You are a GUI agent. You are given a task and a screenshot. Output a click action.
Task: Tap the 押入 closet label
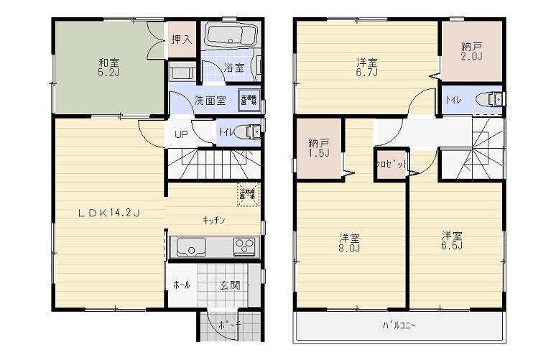tap(182, 40)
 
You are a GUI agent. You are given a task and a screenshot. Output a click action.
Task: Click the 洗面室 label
tap(210, 101)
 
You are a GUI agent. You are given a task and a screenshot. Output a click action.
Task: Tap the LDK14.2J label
tap(108, 212)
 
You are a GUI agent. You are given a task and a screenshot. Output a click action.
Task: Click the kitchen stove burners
tap(243, 246)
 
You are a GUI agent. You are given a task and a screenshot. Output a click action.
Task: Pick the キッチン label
tap(215, 221)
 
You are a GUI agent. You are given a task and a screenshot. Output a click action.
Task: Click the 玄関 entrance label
tap(230, 285)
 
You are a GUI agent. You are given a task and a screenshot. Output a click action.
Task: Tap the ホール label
tap(182, 285)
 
